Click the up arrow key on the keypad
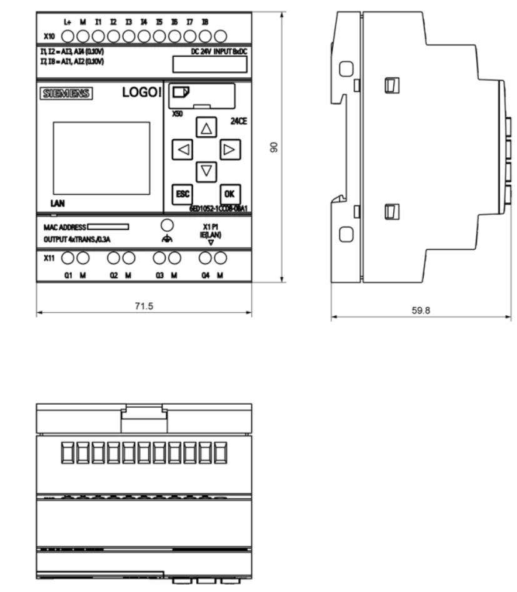pyautogui.click(x=206, y=128)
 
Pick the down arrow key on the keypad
pyautogui.click(x=206, y=170)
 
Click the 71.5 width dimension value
pyautogui.click(x=144, y=306)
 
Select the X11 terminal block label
pyautogui.click(x=50, y=257)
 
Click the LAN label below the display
pyautogui.click(x=59, y=204)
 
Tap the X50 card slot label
pyautogui.click(x=178, y=116)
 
